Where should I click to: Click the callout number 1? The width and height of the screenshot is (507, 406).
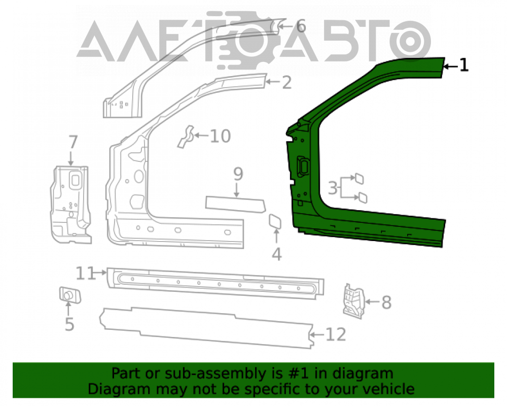[464, 65]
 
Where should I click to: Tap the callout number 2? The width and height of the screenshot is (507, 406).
[287, 83]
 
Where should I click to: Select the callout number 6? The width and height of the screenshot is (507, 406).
[301, 26]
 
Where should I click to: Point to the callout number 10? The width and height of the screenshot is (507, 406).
[220, 136]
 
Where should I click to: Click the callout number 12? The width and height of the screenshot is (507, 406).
[336, 334]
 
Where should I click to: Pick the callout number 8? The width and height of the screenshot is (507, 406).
[386, 302]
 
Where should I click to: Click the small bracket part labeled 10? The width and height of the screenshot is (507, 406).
[186, 137]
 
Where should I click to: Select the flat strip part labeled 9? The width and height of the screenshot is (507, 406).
[235, 205]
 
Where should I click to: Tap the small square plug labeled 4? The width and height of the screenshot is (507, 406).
[275, 221]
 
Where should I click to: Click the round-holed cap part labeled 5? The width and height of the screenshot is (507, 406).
[70, 295]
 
